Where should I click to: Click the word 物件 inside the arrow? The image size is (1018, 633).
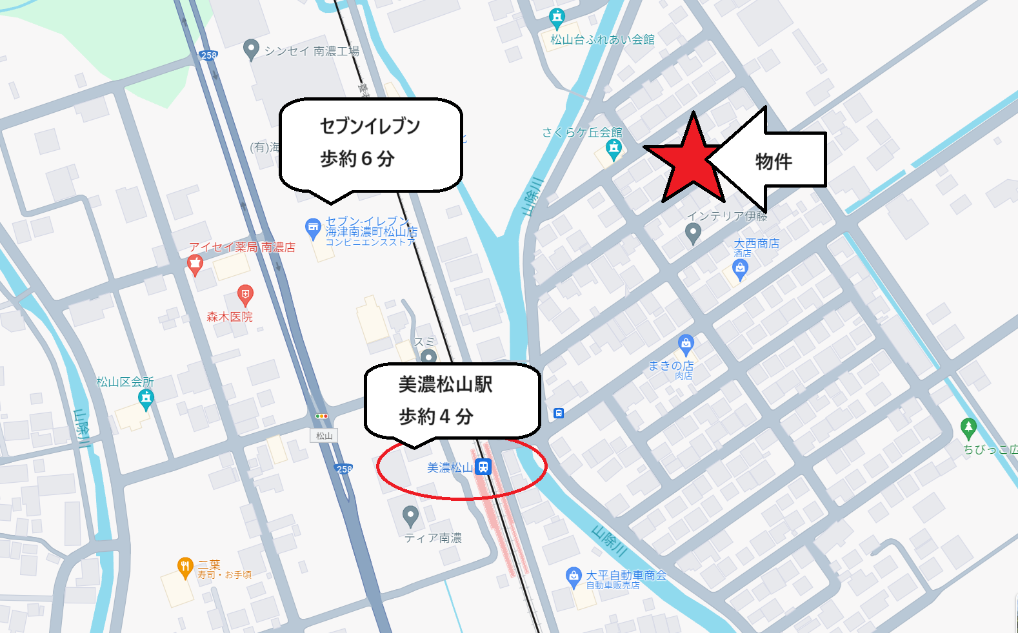click(773, 161)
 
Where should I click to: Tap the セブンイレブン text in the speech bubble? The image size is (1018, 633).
click(370, 126)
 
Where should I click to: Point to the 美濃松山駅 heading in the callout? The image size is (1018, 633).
click(445, 384)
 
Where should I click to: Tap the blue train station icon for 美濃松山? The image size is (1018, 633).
click(483, 467)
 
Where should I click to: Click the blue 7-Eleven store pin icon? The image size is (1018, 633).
click(313, 228)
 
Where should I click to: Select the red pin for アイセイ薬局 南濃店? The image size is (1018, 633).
click(195, 264)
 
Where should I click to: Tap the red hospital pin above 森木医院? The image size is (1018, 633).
click(245, 295)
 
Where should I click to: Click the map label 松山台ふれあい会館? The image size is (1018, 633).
click(602, 39)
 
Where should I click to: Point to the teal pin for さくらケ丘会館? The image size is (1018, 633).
click(614, 150)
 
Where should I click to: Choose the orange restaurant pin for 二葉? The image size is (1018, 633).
click(185, 567)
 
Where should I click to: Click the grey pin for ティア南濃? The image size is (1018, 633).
click(410, 516)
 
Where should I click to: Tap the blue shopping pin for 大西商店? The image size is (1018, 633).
click(740, 270)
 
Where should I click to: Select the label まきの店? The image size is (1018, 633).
click(671, 365)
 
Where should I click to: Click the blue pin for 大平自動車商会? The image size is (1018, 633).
click(573, 576)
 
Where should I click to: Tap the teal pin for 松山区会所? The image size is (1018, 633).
click(146, 399)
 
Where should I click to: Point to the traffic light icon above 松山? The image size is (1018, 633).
click(321, 416)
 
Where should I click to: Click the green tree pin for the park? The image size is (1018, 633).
click(968, 427)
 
